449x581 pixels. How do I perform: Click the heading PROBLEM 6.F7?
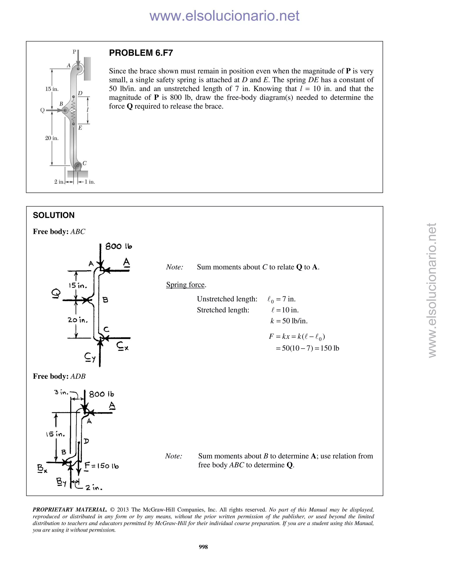(141, 53)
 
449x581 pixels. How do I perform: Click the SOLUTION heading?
(54, 215)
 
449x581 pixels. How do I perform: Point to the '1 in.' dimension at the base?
(90, 182)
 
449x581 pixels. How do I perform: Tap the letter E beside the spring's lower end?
(80, 128)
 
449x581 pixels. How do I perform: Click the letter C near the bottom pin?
(85, 163)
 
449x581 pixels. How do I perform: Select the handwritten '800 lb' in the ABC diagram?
(119, 246)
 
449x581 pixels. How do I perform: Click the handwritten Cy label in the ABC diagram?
(90, 357)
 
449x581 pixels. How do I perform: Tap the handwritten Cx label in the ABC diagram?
(122, 346)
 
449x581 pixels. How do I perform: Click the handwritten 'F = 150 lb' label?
(102, 466)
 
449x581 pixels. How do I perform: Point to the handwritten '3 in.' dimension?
(61, 392)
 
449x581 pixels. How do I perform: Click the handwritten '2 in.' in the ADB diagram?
(94, 488)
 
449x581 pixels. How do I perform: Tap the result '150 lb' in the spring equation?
(330, 348)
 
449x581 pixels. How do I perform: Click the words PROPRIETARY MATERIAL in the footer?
(70, 510)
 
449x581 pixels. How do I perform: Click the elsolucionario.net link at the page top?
(224, 16)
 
